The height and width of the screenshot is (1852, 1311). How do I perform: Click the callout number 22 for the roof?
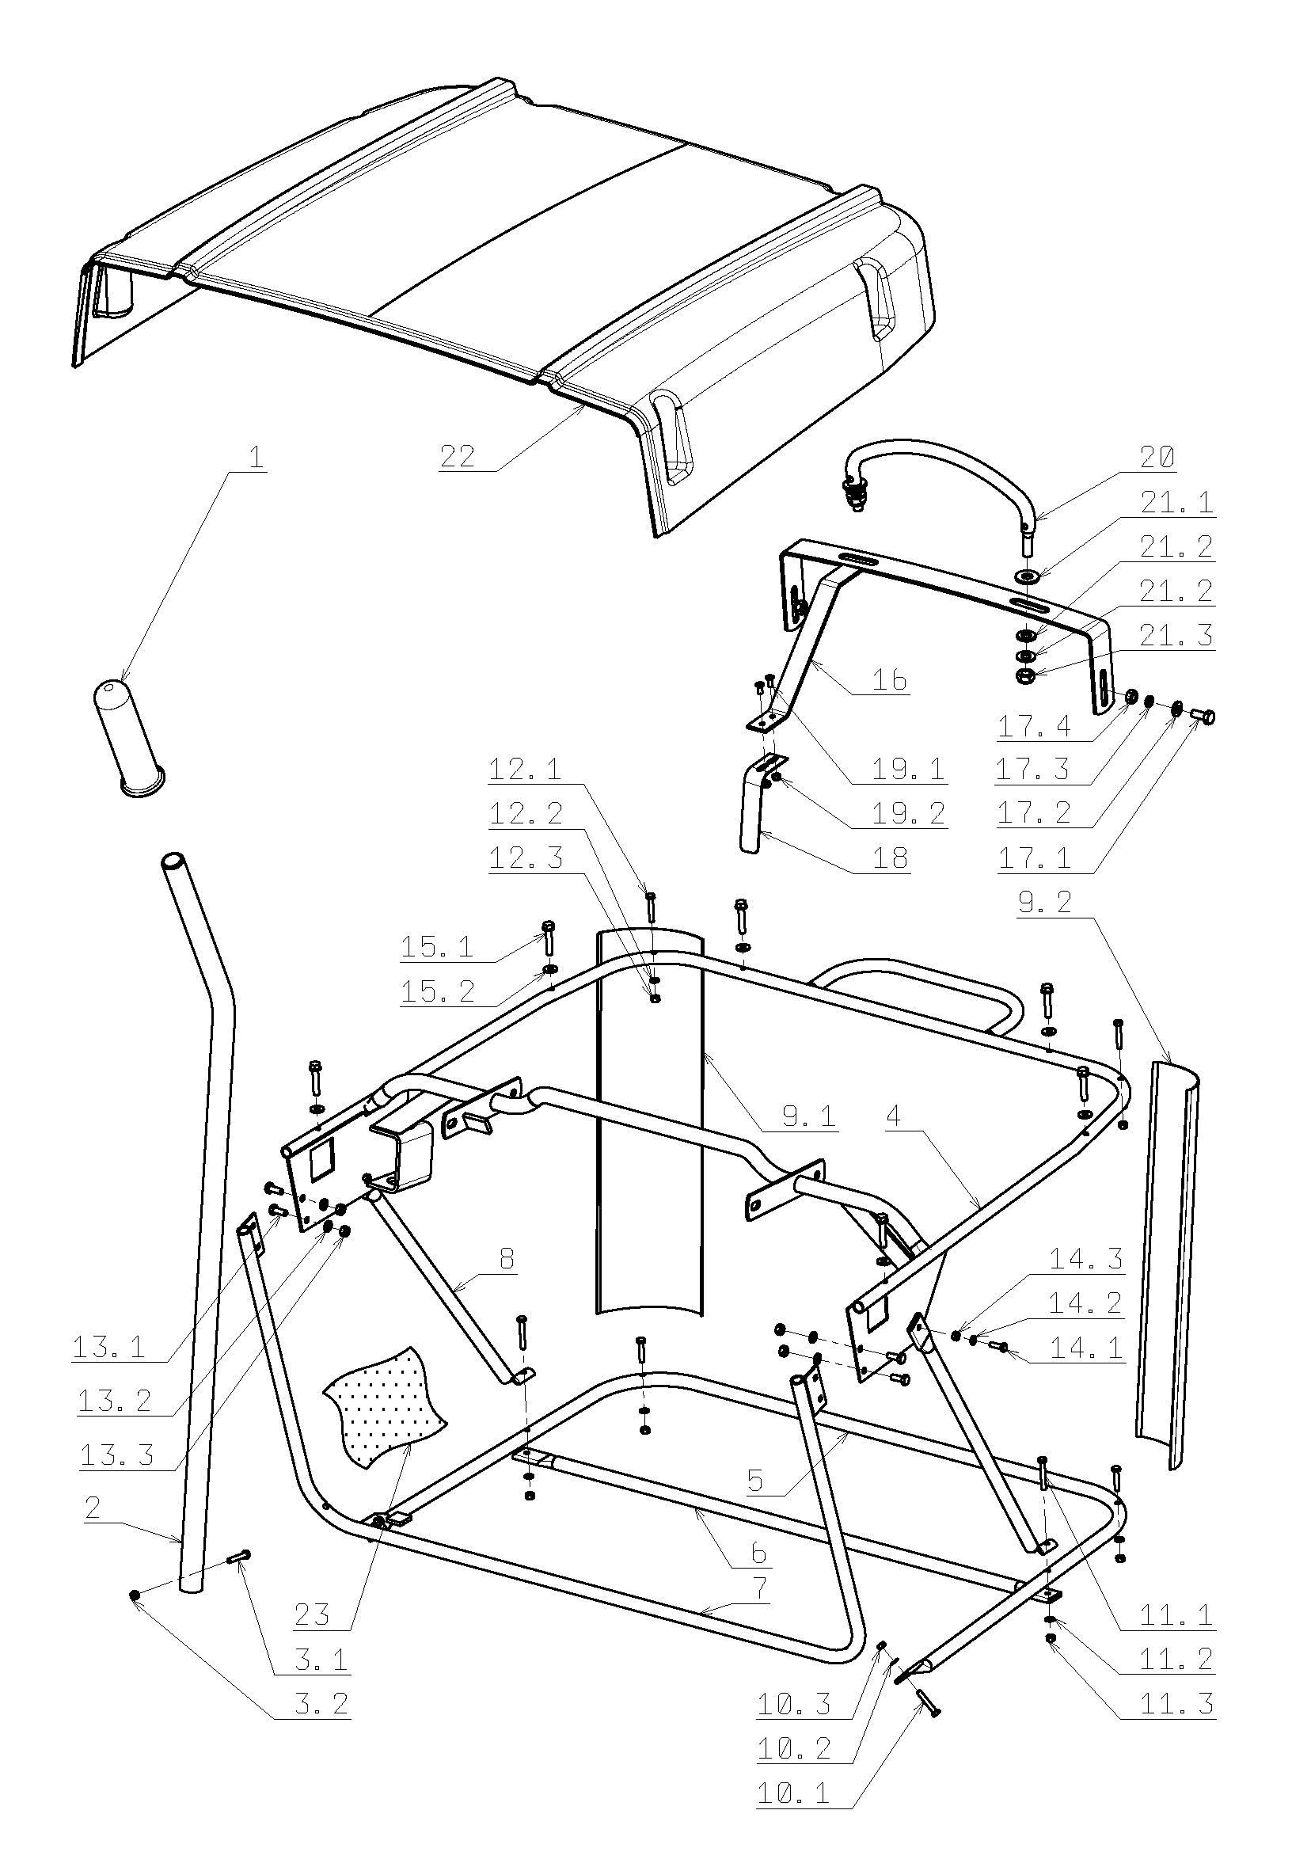tap(458, 457)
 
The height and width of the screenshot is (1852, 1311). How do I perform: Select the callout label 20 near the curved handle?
tap(1157, 458)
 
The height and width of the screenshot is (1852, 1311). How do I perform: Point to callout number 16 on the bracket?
tap(890, 680)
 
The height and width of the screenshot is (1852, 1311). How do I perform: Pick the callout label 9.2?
tap(1044, 902)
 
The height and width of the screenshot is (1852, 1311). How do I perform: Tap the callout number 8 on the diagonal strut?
tap(507, 1259)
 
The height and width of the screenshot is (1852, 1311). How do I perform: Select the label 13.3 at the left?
tap(117, 1455)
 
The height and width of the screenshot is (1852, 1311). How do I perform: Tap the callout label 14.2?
tap(1086, 1302)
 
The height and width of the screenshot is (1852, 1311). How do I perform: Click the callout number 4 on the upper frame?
tap(893, 1116)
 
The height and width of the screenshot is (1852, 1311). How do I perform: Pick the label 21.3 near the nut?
tap(1176, 635)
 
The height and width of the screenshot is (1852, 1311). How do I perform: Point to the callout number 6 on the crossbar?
tap(758, 1553)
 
